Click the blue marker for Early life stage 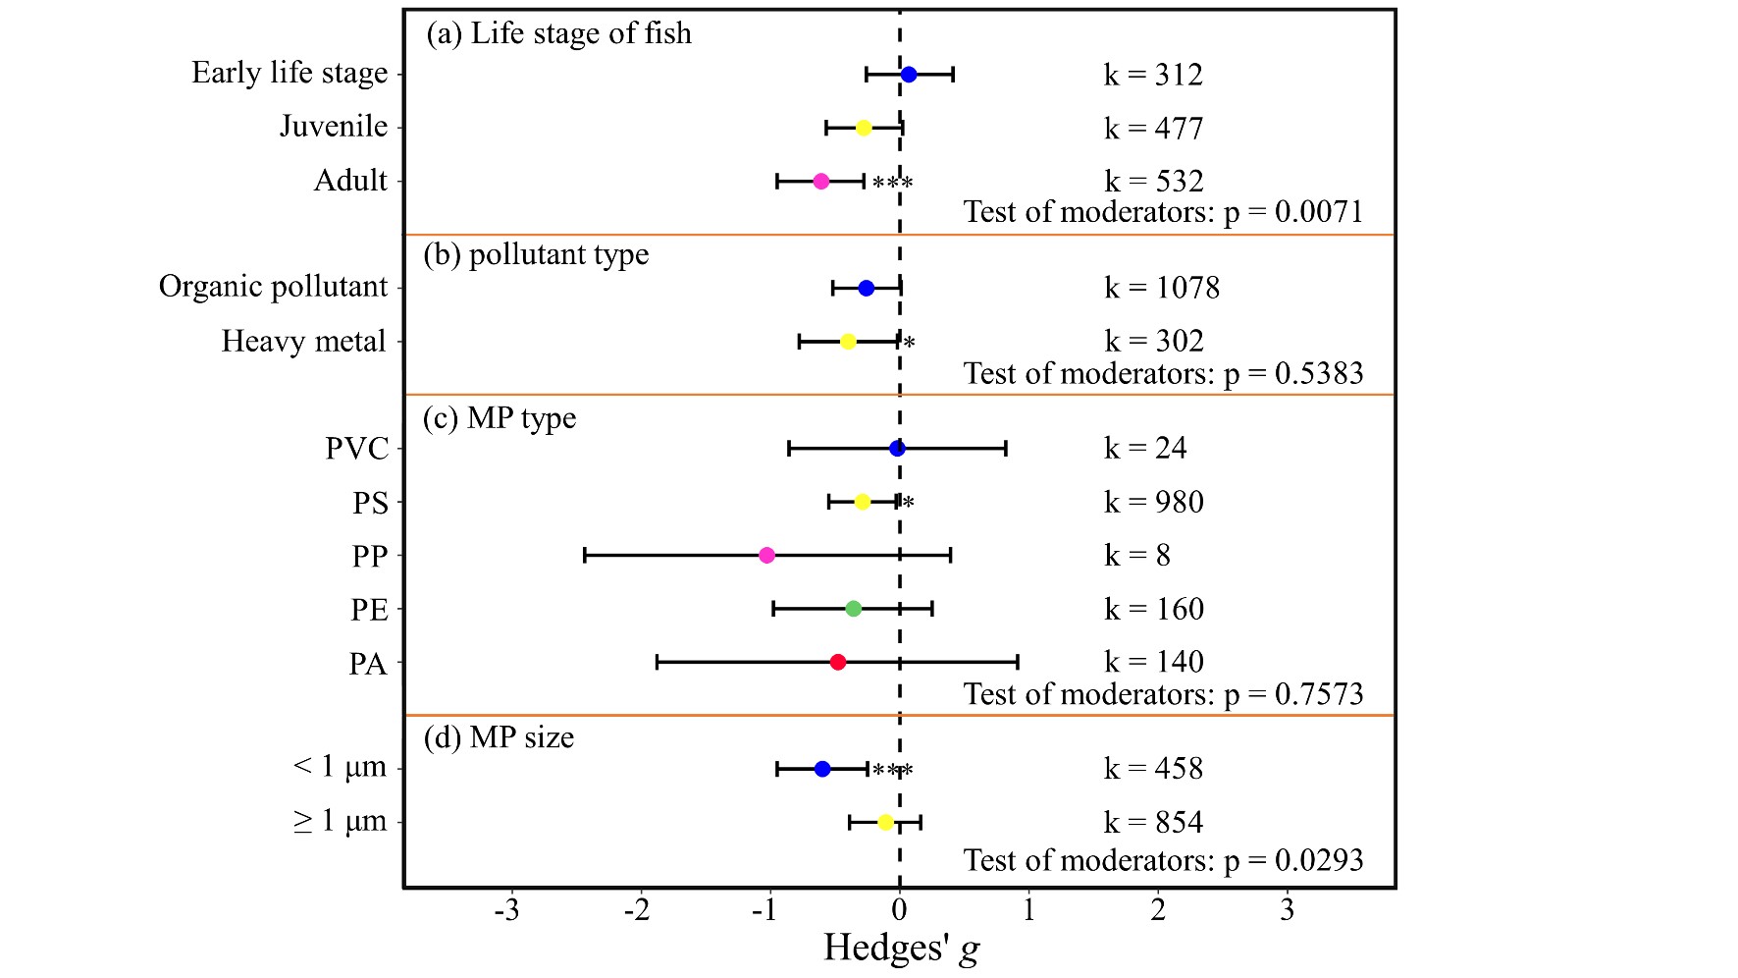(x=909, y=75)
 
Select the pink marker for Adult (x=821, y=182)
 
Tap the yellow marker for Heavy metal (x=849, y=342)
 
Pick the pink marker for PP (x=767, y=556)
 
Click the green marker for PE (x=854, y=609)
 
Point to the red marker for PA (x=838, y=663)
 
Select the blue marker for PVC (x=897, y=449)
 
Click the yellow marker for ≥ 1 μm (x=886, y=823)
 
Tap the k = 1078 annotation (x=1162, y=288)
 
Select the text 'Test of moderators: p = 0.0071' (x=1163, y=212)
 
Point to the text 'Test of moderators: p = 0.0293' (x=1163, y=860)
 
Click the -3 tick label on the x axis (x=506, y=911)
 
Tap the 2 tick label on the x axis (x=1158, y=911)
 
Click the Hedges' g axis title (x=901, y=949)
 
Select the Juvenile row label (x=334, y=127)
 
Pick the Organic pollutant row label (x=274, y=287)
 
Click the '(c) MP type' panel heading (x=500, y=418)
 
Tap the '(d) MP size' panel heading (x=499, y=737)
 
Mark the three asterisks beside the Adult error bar (x=893, y=184)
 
